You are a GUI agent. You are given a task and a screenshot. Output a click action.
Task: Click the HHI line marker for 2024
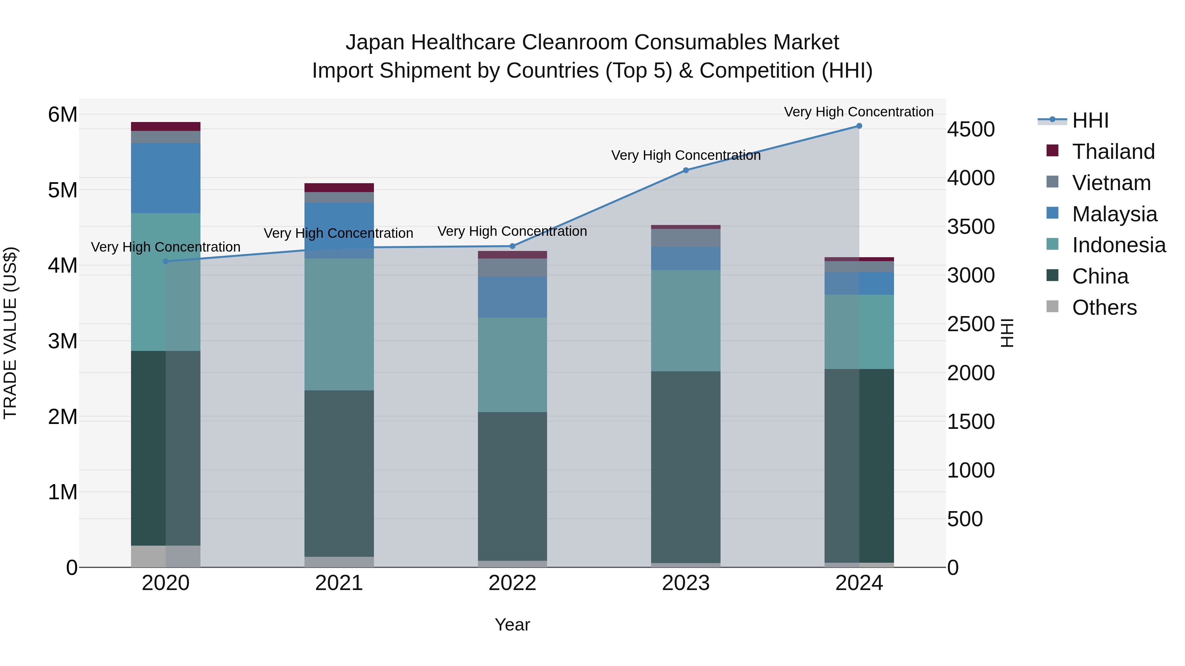click(x=859, y=126)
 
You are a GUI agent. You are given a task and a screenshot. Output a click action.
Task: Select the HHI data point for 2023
click(x=685, y=170)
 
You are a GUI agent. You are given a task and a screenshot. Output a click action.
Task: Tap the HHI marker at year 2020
click(x=166, y=261)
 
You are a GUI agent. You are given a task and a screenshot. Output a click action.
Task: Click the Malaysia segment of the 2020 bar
click(x=166, y=178)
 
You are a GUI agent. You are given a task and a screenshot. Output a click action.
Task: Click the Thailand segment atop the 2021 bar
click(x=339, y=187)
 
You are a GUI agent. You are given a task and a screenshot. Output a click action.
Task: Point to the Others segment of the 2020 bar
click(x=166, y=556)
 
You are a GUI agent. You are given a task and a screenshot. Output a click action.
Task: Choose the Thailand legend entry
click(x=1113, y=152)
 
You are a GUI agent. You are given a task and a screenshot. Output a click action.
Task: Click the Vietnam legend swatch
click(x=1052, y=182)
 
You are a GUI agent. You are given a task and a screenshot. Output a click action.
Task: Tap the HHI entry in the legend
click(x=1090, y=120)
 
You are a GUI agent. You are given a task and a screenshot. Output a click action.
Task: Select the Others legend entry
click(x=1104, y=308)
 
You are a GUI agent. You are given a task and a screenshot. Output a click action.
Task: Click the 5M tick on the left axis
click(x=63, y=190)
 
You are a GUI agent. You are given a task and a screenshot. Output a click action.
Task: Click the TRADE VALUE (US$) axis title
click(x=10, y=333)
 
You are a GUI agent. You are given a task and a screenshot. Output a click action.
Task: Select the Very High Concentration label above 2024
click(x=858, y=112)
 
